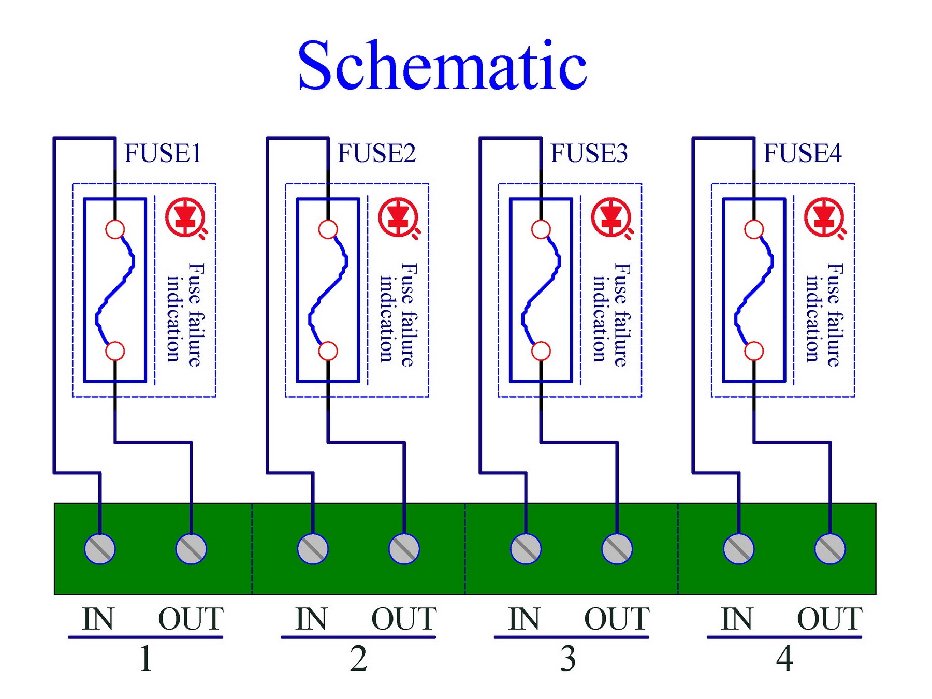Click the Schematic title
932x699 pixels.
[443, 66]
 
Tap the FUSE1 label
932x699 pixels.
[163, 153]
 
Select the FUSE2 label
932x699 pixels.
[376, 153]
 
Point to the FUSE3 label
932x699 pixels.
[589, 153]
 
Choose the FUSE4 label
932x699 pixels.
[803, 153]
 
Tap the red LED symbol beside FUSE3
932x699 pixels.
[612, 218]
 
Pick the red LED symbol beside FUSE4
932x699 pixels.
[825, 218]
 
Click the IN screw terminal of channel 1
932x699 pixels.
[100, 549]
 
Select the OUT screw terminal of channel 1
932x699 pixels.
[191, 549]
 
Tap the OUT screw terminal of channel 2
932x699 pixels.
[404, 549]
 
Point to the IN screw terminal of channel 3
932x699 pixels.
[526, 549]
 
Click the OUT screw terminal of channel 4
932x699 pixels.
[830, 549]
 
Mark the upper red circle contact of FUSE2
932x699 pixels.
[328, 229]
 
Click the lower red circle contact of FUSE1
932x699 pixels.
[115, 351]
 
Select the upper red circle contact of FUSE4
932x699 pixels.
[754, 229]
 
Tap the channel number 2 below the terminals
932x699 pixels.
[358, 659]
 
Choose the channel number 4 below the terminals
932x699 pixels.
[784, 659]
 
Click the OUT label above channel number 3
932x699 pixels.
[617, 619]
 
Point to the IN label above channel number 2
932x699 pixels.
[311, 619]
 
